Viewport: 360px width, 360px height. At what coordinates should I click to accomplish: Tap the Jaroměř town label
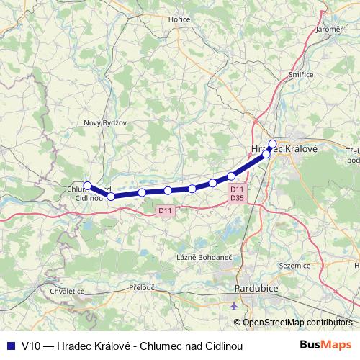[329, 29]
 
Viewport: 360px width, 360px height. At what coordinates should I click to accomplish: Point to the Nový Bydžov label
[105, 122]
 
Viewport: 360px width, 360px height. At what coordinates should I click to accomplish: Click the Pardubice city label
[256, 289]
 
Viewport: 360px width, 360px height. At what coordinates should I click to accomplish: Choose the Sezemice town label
[293, 265]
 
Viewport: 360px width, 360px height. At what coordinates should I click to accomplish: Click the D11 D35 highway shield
[237, 193]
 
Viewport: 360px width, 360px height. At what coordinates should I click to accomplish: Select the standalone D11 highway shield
[164, 210]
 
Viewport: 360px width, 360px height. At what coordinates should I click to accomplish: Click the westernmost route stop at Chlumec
[87, 185]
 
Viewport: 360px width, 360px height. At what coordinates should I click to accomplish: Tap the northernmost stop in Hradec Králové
[272, 143]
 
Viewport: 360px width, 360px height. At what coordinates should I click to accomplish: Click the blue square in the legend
[10, 346]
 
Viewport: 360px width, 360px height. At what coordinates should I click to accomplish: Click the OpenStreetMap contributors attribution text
[298, 323]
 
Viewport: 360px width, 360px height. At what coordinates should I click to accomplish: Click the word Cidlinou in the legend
[222, 346]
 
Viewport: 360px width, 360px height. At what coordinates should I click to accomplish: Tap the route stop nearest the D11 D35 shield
[231, 176]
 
